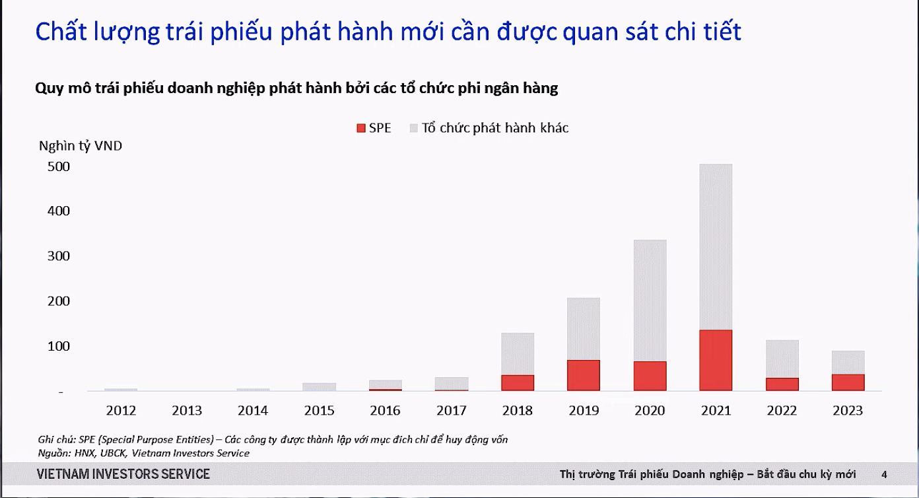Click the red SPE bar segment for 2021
pyautogui.click(x=716, y=360)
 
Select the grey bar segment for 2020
pyautogui.click(x=650, y=301)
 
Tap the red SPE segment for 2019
pyautogui.click(x=584, y=375)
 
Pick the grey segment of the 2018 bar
pyautogui.click(x=518, y=354)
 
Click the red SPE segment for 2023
pyautogui.click(x=848, y=382)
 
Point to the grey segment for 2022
pyautogui.click(x=782, y=359)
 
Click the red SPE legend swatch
pyautogui.click(x=361, y=128)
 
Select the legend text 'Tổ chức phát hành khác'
pyautogui.click(x=495, y=127)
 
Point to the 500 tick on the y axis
pyautogui.click(x=59, y=166)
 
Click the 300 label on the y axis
pyautogui.click(x=59, y=256)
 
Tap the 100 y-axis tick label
pyautogui.click(x=59, y=346)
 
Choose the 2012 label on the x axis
pyautogui.click(x=121, y=410)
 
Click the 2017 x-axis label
pyautogui.click(x=452, y=410)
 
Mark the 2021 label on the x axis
pyautogui.click(x=716, y=410)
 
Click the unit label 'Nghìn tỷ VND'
pyautogui.click(x=81, y=146)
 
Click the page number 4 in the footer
pyautogui.click(x=884, y=475)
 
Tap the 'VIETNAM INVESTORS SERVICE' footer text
pyautogui.click(x=123, y=474)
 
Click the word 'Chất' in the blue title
pyautogui.click(x=61, y=31)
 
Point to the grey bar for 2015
pyautogui.click(x=319, y=387)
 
